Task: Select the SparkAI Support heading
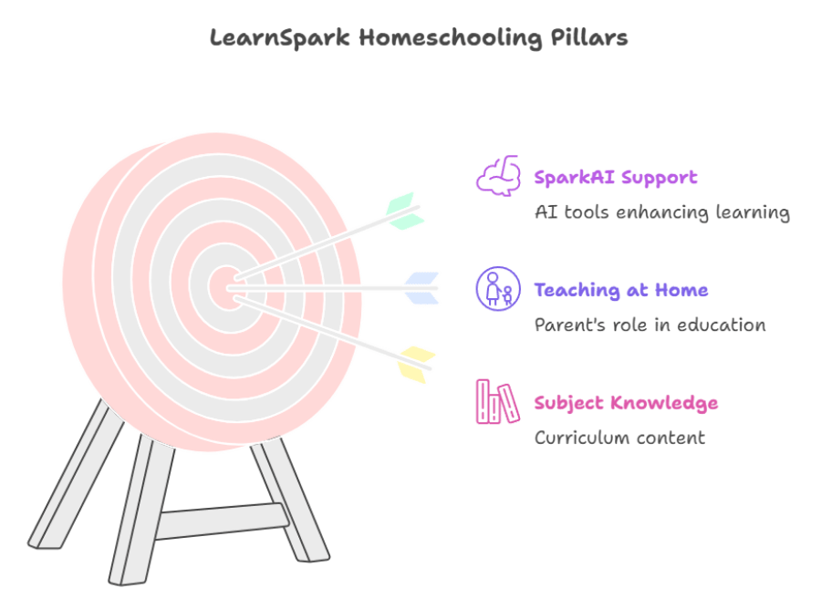[x=616, y=177]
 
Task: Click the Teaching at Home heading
[x=620, y=290]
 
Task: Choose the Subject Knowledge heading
[x=627, y=402]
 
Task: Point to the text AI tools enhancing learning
[x=661, y=212]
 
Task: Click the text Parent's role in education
[x=650, y=325]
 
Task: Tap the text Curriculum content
[x=619, y=438]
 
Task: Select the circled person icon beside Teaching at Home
[x=498, y=288]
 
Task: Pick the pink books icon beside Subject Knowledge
[x=497, y=402]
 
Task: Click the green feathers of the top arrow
[x=401, y=210]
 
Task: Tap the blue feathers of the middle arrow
[x=421, y=287]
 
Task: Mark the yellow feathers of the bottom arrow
[x=415, y=363]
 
